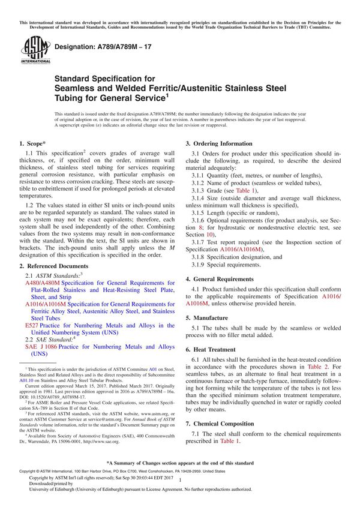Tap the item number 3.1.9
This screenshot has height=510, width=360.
point(200,265)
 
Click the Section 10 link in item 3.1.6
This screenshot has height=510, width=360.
point(199,235)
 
